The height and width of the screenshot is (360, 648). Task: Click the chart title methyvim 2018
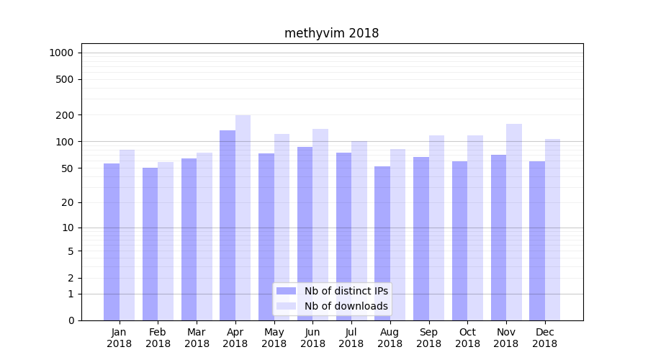click(x=331, y=33)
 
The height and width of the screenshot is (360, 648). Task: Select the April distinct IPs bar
click(x=228, y=225)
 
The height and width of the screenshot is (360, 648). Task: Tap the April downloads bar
click(x=243, y=217)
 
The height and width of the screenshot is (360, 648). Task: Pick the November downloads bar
click(x=514, y=222)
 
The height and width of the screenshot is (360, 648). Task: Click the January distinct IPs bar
click(x=112, y=242)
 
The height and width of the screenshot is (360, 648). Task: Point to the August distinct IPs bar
click(x=382, y=243)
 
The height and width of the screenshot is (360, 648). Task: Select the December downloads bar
click(x=552, y=230)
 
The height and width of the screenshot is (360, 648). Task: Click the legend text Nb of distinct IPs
click(x=346, y=291)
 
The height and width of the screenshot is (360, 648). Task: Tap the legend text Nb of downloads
click(x=346, y=306)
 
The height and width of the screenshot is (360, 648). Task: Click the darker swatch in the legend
click(x=286, y=291)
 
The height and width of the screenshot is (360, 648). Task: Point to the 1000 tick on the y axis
click(x=61, y=53)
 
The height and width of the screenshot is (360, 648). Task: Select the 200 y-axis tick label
click(x=66, y=115)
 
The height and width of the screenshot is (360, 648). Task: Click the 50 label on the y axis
click(x=68, y=168)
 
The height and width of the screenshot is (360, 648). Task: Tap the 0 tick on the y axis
click(x=71, y=320)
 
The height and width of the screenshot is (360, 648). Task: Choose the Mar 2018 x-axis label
click(x=197, y=338)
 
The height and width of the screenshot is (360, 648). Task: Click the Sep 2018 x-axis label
click(x=428, y=338)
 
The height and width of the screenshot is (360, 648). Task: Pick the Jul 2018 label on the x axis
click(x=351, y=338)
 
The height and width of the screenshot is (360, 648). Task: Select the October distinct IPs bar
click(x=459, y=240)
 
